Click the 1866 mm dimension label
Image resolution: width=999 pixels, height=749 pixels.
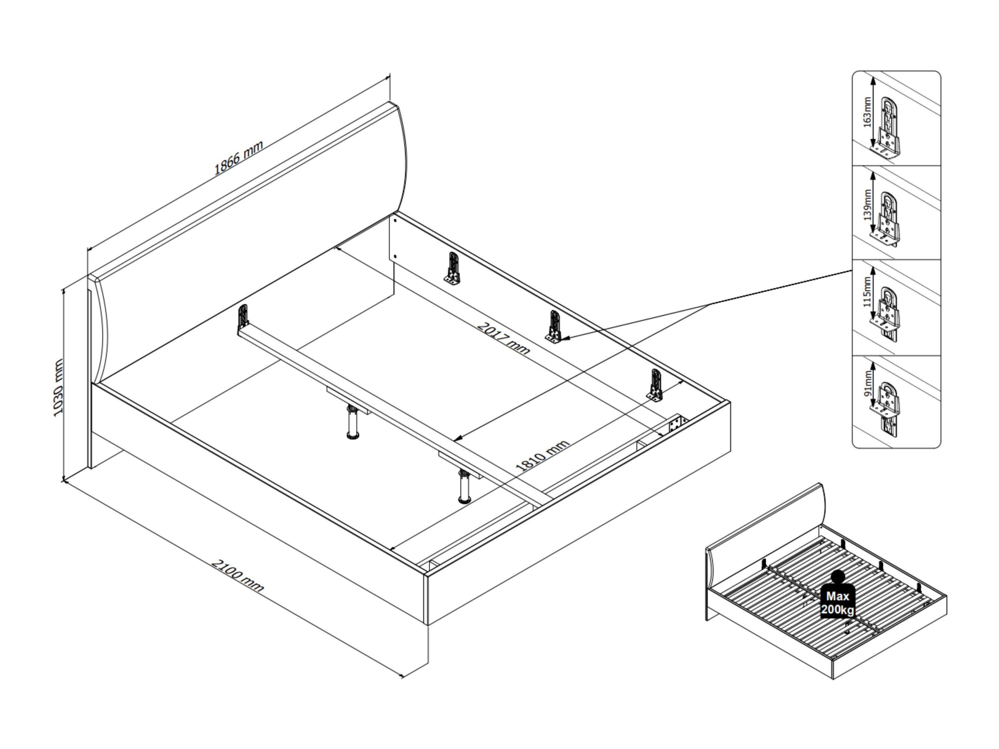click(238, 158)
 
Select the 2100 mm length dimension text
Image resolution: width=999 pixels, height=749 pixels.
click(237, 576)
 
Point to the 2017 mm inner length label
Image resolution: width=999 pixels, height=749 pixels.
click(504, 338)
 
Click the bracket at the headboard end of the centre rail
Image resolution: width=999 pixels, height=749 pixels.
click(243, 316)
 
